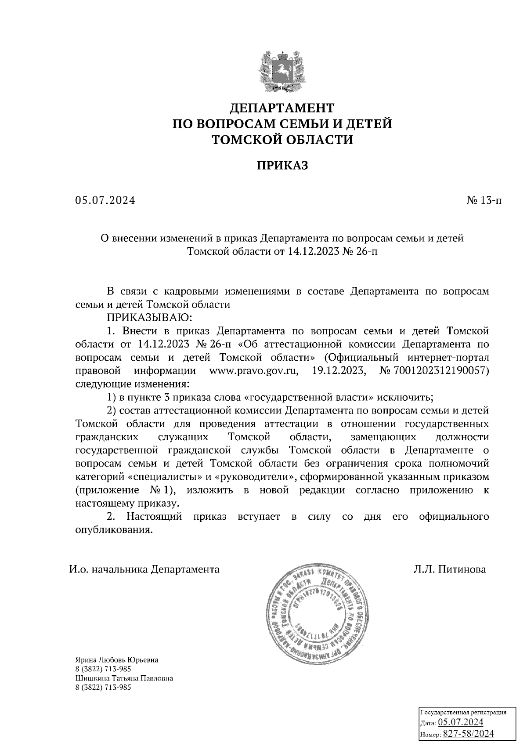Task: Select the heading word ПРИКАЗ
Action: point(282,166)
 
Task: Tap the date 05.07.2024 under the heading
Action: point(105,201)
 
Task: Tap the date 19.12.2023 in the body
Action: point(339,370)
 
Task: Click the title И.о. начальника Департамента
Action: point(144,569)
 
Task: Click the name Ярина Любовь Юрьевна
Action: point(117,660)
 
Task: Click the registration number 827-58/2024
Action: point(469,734)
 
